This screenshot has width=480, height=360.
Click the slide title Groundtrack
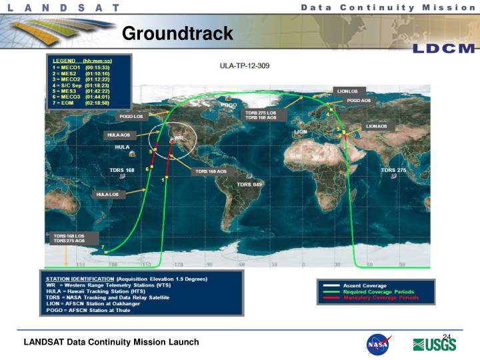click(x=177, y=33)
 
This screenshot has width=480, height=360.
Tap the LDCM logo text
click(x=443, y=49)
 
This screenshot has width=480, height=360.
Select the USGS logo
click(x=435, y=344)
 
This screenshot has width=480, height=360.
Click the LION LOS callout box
click(x=346, y=90)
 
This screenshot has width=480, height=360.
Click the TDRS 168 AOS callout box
click(x=211, y=171)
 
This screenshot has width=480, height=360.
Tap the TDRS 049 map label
click(x=249, y=185)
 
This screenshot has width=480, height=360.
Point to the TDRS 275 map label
click(x=393, y=171)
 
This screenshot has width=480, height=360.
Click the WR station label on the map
click(x=178, y=139)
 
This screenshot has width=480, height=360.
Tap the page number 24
click(x=447, y=335)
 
